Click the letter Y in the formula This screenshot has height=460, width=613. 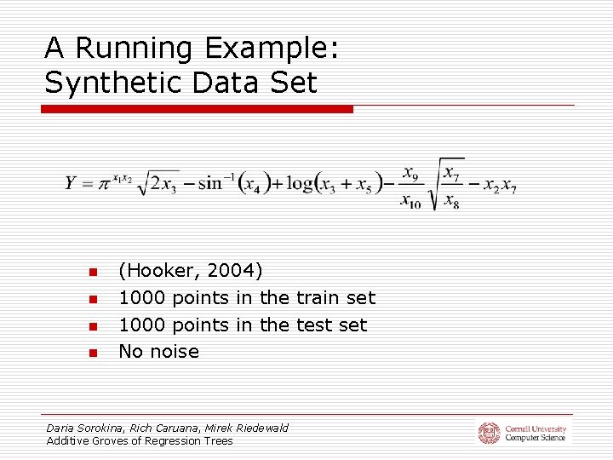72,182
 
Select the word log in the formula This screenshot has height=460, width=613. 299,182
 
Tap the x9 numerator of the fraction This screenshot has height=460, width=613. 410,174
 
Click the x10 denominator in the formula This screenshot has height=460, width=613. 410,201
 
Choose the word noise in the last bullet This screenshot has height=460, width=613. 174,351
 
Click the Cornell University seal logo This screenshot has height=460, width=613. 489,433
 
